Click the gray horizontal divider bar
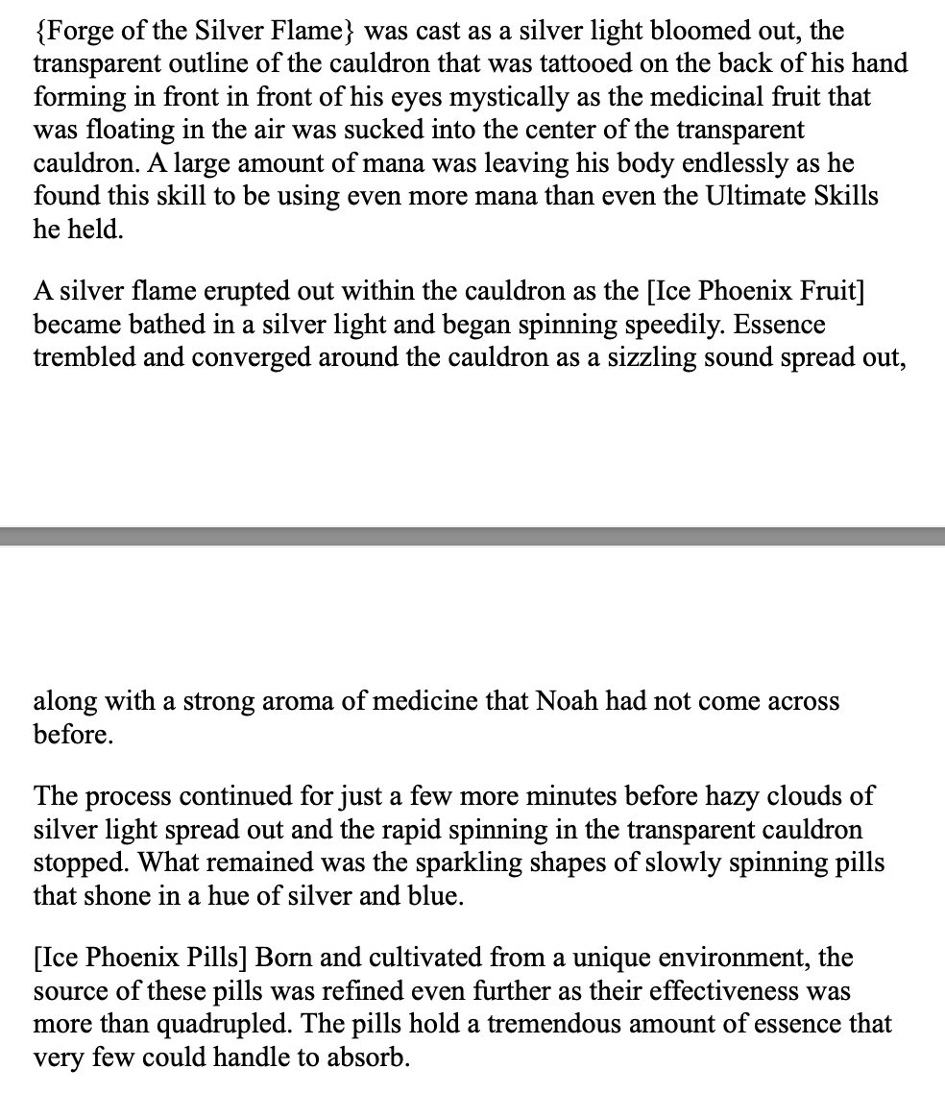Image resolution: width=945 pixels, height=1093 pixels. click(x=472, y=536)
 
